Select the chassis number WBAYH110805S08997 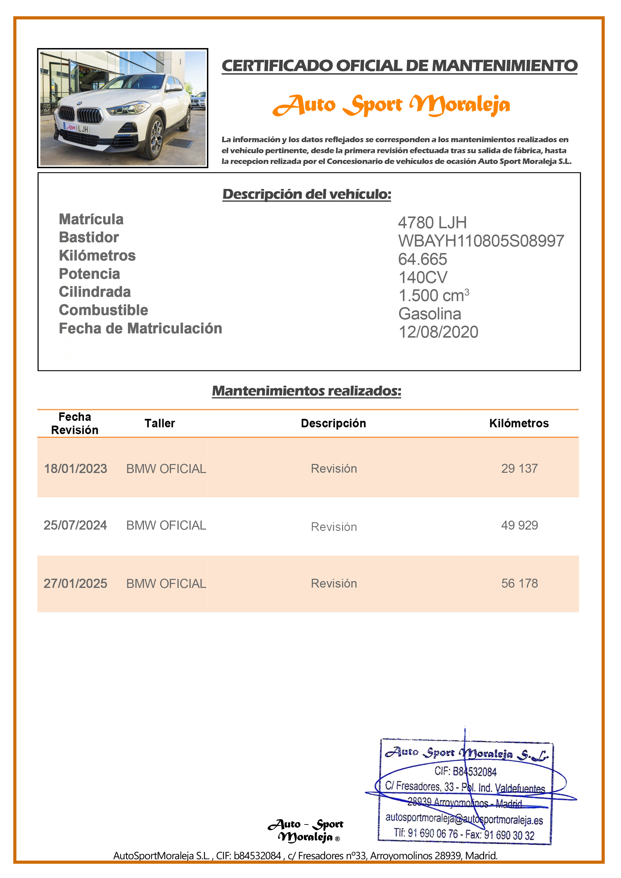pyautogui.click(x=481, y=241)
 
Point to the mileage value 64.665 pyautogui.click(x=422, y=259)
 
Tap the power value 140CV pyautogui.click(x=423, y=277)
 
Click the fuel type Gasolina pyautogui.click(x=430, y=314)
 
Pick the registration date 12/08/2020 pyautogui.click(x=438, y=332)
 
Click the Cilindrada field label pyautogui.click(x=94, y=292)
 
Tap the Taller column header pyautogui.click(x=160, y=423)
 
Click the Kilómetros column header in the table pyautogui.click(x=519, y=423)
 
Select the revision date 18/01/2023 pyautogui.click(x=75, y=469)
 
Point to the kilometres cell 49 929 pyautogui.click(x=519, y=525)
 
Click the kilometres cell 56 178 pyautogui.click(x=519, y=584)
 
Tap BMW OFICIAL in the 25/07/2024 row pyautogui.click(x=166, y=525)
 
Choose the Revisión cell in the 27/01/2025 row pyautogui.click(x=334, y=584)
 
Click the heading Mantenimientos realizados pyautogui.click(x=306, y=391)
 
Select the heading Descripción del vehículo pyautogui.click(x=307, y=194)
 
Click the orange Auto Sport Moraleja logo pyautogui.click(x=391, y=105)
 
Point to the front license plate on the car pyautogui.click(x=77, y=128)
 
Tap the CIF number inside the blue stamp pyautogui.click(x=465, y=771)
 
